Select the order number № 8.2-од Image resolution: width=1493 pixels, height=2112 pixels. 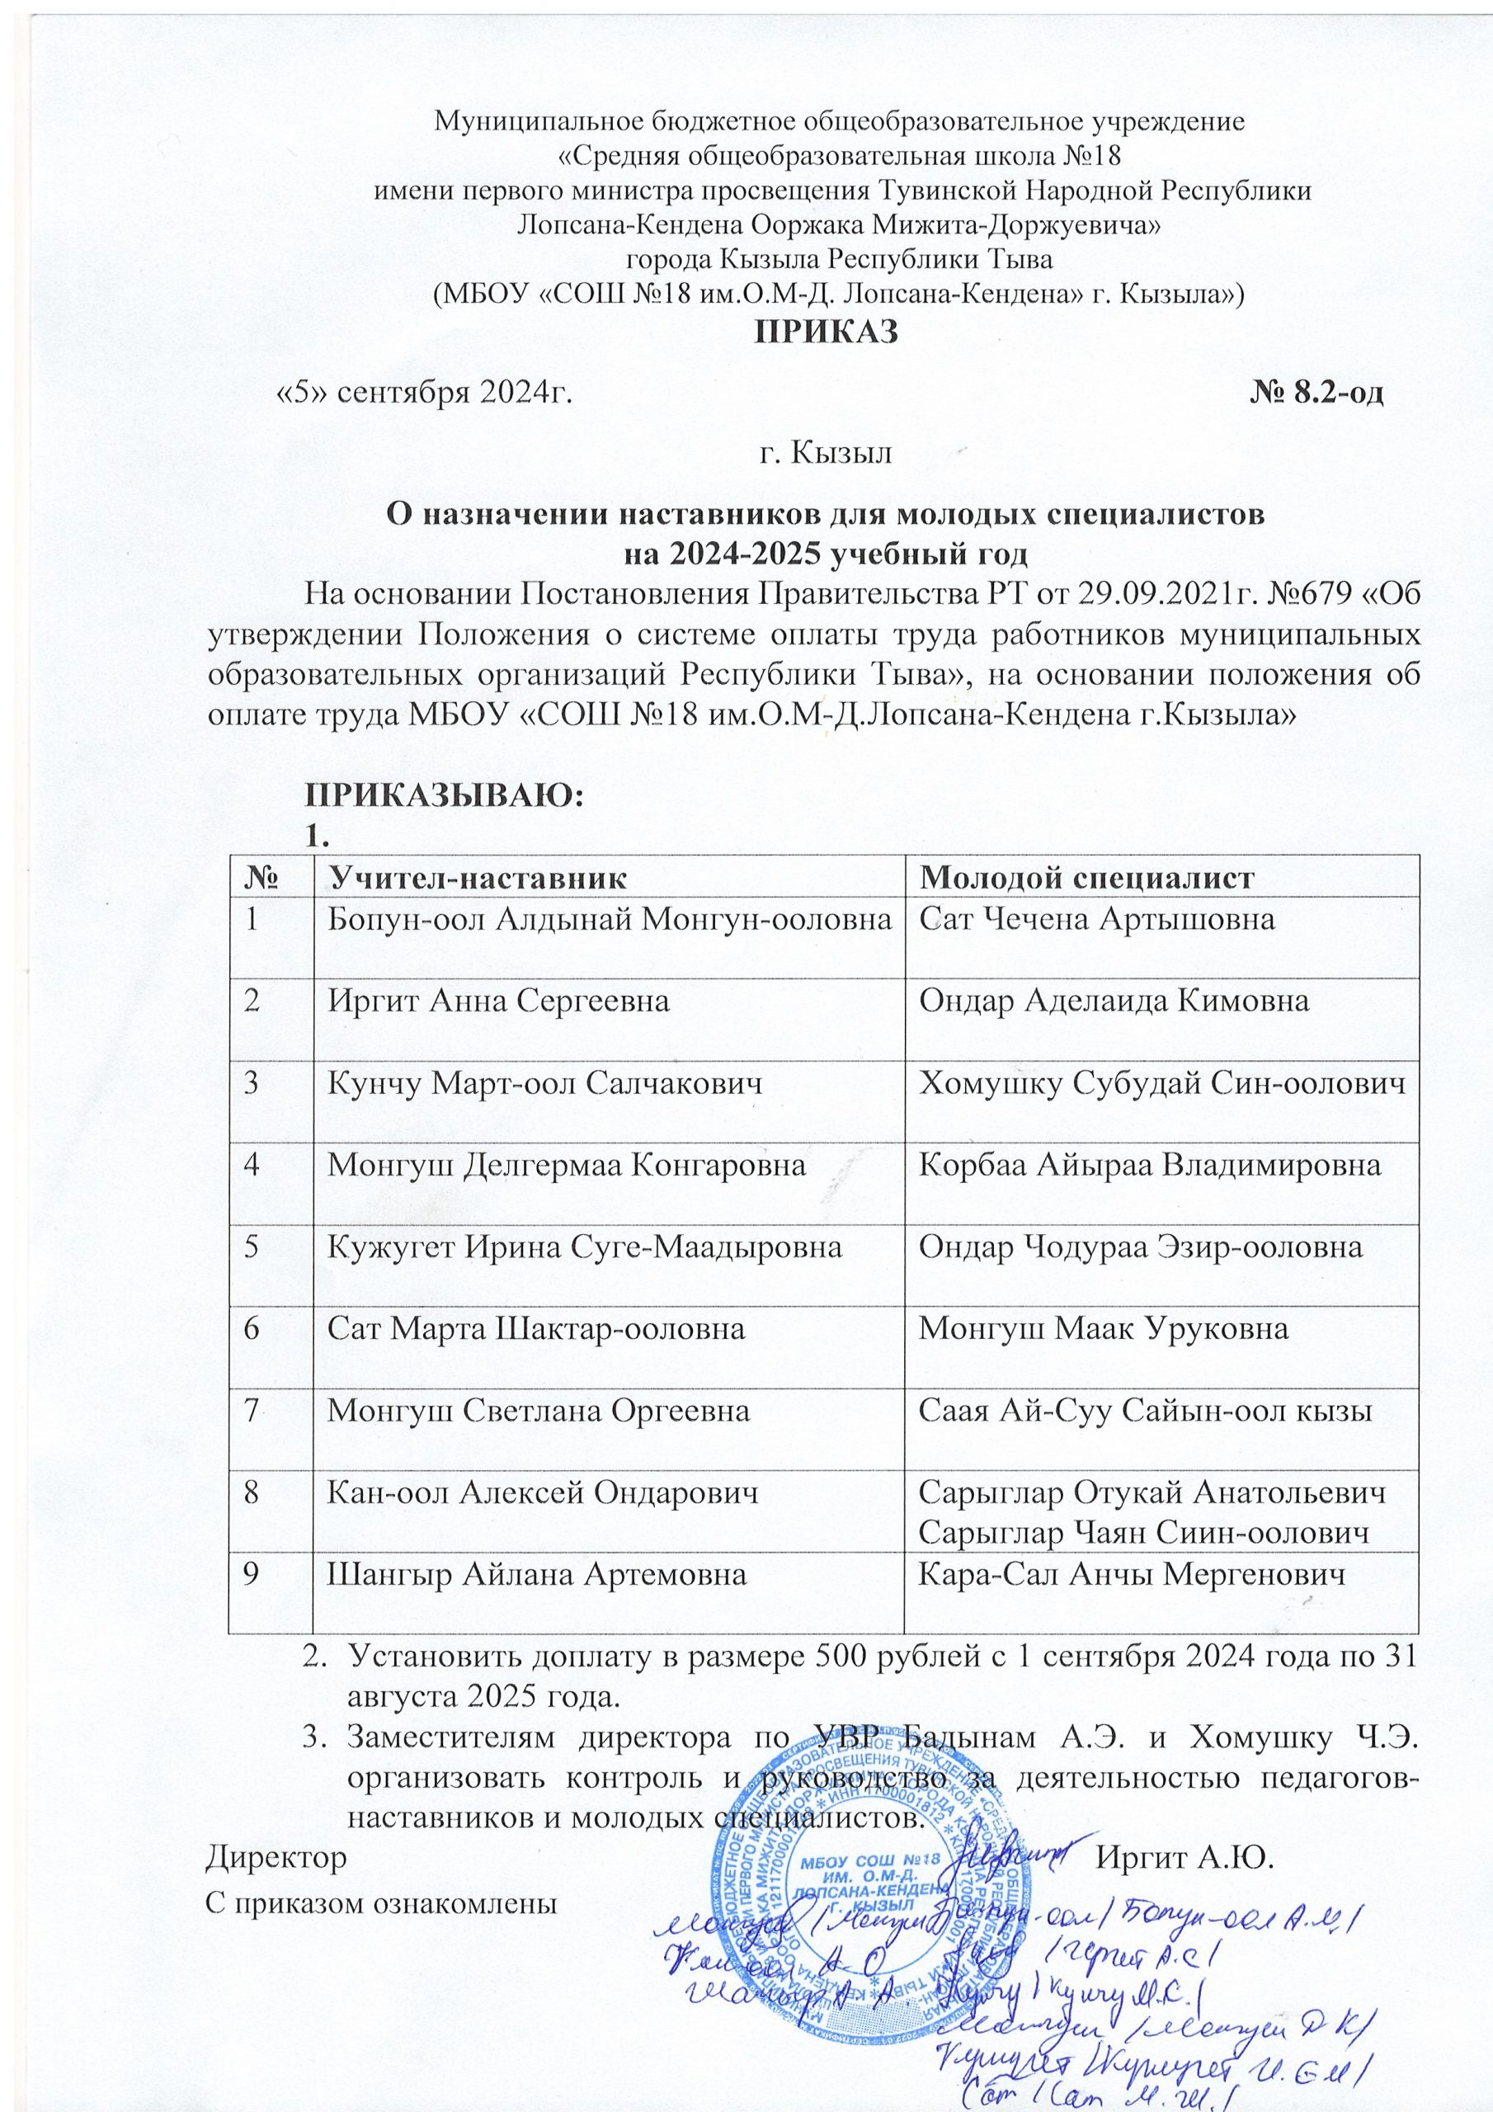[1316, 394]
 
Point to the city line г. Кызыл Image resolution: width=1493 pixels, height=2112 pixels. [824, 453]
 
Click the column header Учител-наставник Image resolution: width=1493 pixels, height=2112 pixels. [478, 878]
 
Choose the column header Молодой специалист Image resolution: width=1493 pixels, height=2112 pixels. [1087, 878]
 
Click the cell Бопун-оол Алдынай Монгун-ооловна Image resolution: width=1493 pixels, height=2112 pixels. [610, 921]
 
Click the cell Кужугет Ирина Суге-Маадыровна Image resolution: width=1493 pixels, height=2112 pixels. [585, 1247]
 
